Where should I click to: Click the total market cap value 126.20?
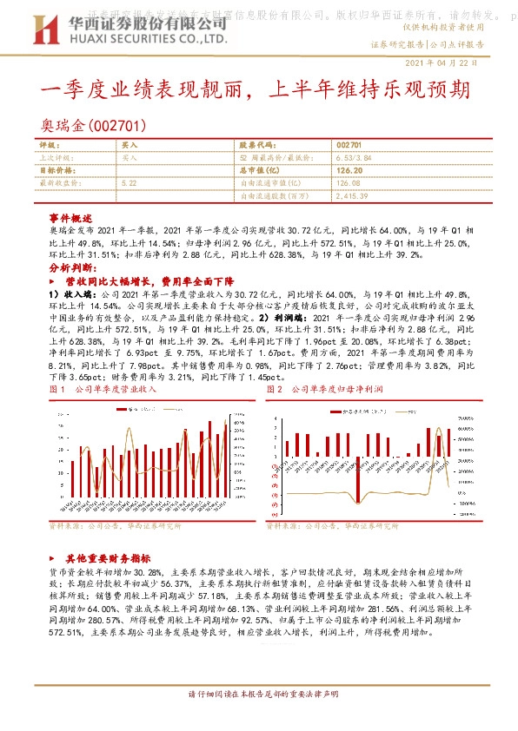point(350,171)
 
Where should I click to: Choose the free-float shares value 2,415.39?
point(355,196)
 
